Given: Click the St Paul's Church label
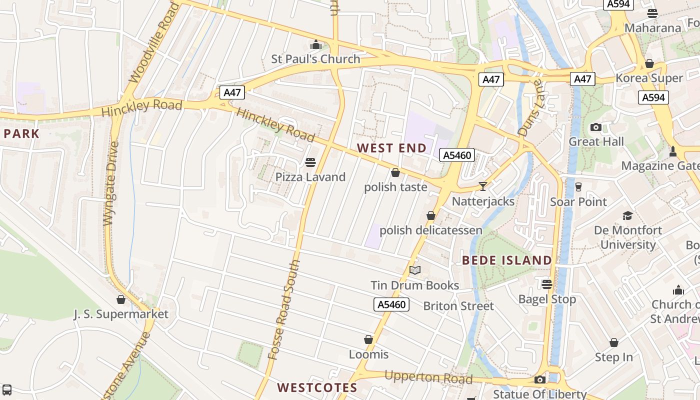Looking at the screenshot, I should [x=315, y=59].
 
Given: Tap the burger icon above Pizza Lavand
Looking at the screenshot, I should [x=310, y=162].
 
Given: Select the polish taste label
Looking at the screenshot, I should [x=395, y=187].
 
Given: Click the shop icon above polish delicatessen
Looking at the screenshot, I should [x=431, y=215].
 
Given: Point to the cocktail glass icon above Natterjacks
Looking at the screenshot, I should [x=482, y=186].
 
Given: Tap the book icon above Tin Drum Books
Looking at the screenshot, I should [x=415, y=270].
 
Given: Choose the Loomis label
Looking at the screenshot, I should [x=368, y=354].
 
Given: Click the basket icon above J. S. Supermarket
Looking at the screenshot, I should [x=121, y=299].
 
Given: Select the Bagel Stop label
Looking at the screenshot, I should [x=547, y=299].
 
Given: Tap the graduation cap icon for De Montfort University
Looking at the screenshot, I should [x=627, y=215].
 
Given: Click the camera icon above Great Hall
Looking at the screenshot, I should [x=596, y=127].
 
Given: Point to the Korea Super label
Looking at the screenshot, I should [x=649, y=78].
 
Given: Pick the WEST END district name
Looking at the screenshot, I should [x=392, y=148].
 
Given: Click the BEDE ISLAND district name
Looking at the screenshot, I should [x=506, y=260].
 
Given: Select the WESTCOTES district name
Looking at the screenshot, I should [x=317, y=387].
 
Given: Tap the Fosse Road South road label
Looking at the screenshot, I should [x=284, y=310].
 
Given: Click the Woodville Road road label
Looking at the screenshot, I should [x=154, y=43].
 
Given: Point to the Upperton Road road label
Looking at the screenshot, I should [x=428, y=377].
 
